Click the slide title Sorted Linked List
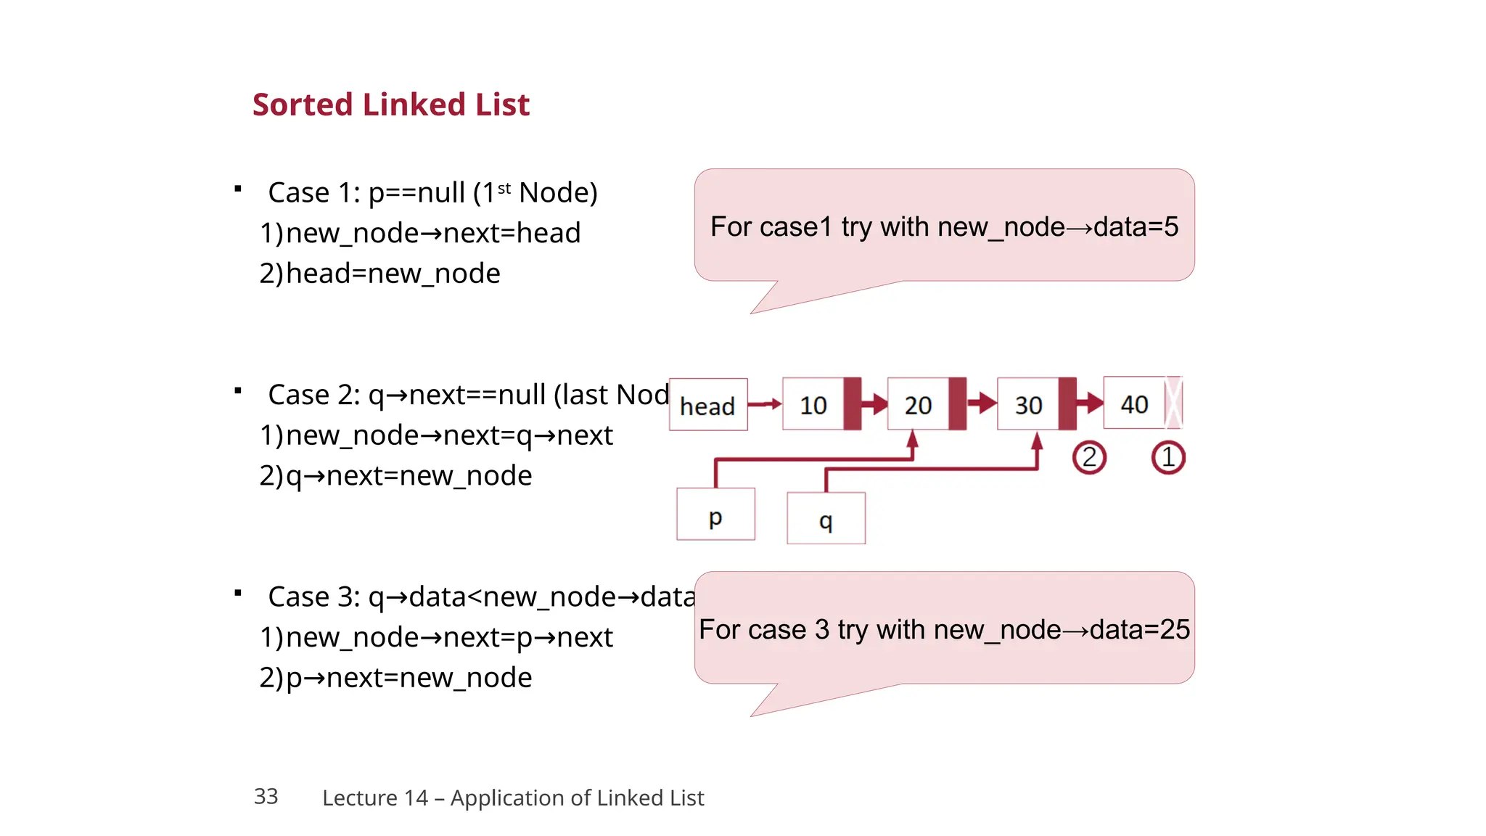tap(390, 104)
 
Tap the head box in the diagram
tap(707, 405)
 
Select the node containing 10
tap(813, 404)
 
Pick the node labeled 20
tap(918, 404)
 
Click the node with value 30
tap(1028, 404)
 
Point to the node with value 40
tap(1134, 403)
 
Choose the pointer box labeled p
tap(715, 515)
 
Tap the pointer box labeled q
tap(826, 518)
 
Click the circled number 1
tap(1167, 458)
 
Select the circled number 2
tap(1089, 458)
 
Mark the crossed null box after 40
tap(1173, 403)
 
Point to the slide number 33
tap(266, 797)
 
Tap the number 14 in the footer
tap(416, 798)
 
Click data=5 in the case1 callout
tap(1136, 227)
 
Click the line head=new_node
tap(393, 274)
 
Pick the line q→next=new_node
tap(409, 476)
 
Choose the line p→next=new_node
tap(409, 678)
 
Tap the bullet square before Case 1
tap(238, 189)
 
